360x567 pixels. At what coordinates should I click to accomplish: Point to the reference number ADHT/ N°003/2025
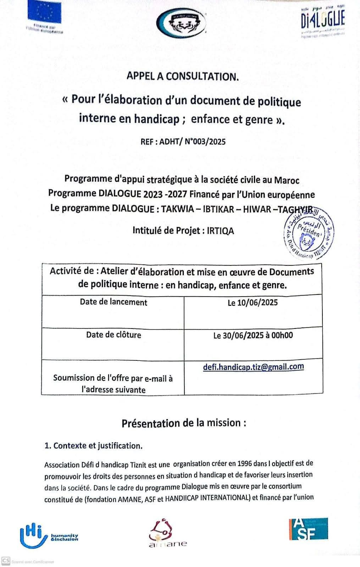193,142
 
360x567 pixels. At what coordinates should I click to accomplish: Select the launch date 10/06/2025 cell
253,303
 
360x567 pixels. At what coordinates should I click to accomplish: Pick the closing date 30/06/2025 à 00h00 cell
253,335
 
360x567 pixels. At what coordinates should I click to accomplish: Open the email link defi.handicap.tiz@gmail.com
253,367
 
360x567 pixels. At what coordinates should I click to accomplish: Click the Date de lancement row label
113,302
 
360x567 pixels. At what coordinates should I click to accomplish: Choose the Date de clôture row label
113,335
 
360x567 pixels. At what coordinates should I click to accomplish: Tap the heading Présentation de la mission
184,423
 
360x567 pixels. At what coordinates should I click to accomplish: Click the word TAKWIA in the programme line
177,209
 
